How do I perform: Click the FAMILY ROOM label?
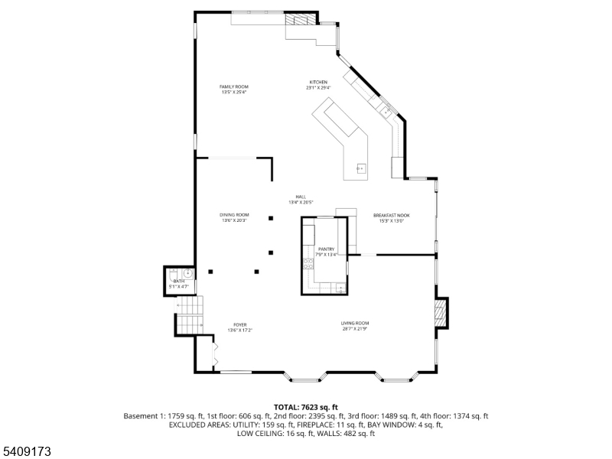pos(234,86)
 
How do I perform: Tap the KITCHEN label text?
pos(318,82)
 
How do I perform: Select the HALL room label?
pos(302,197)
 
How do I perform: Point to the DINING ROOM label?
pos(234,215)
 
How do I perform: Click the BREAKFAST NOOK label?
pos(392,215)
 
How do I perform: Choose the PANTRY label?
pos(326,249)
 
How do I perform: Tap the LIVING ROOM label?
pos(355,323)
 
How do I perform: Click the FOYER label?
pos(239,324)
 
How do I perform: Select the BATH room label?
pos(179,282)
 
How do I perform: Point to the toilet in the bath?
pos(173,272)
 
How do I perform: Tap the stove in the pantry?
pos(308,265)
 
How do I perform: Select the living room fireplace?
pos(440,312)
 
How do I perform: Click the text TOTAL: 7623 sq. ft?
pos(306,407)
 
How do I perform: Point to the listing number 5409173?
pos(27,452)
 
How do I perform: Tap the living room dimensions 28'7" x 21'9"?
pos(355,330)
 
